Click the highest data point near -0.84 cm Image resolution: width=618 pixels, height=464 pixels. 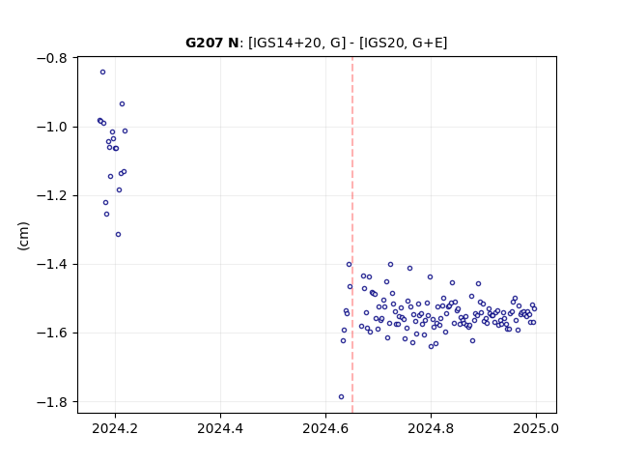click(x=103, y=72)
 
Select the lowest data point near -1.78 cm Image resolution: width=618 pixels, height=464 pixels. click(x=341, y=397)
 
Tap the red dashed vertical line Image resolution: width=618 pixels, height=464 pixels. click(x=352, y=235)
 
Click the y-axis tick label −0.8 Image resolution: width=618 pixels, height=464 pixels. click(x=51, y=58)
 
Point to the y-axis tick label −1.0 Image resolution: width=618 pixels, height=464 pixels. click(x=51, y=127)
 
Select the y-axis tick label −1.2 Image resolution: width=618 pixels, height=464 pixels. click(x=51, y=195)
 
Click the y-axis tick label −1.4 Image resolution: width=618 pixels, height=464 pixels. click(x=51, y=264)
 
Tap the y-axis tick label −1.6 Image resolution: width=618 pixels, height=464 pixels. click(x=51, y=333)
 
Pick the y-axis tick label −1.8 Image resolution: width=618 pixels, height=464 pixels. click(x=51, y=402)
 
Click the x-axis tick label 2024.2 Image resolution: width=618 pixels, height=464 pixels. click(x=115, y=428)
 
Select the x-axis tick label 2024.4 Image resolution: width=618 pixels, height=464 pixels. click(x=220, y=428)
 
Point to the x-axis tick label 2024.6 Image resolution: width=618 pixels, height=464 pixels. click(x=325, y=428)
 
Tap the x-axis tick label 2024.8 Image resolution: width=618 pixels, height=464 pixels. click(x=431, y=428)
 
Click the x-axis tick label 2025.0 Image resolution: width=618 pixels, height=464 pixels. click(x=536, y=428)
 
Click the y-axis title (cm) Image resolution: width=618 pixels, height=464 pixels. click(x=23, y=236)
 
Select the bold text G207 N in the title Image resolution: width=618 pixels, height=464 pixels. click(x=212, y=43)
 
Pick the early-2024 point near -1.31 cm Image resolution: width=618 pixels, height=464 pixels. click(x=118, y=235)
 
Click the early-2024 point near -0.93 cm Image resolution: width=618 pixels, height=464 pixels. click(x=123, y=104)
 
